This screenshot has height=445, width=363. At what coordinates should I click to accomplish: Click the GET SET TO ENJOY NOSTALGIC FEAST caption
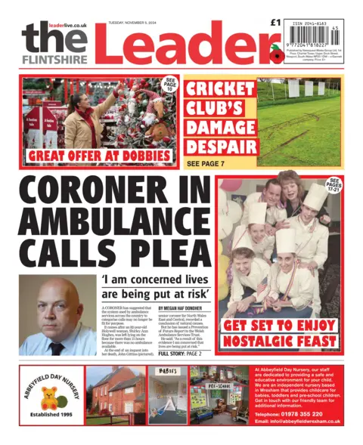[x=278, y=335]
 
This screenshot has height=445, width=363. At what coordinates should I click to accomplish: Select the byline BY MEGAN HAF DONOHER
[x=179, y=309]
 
